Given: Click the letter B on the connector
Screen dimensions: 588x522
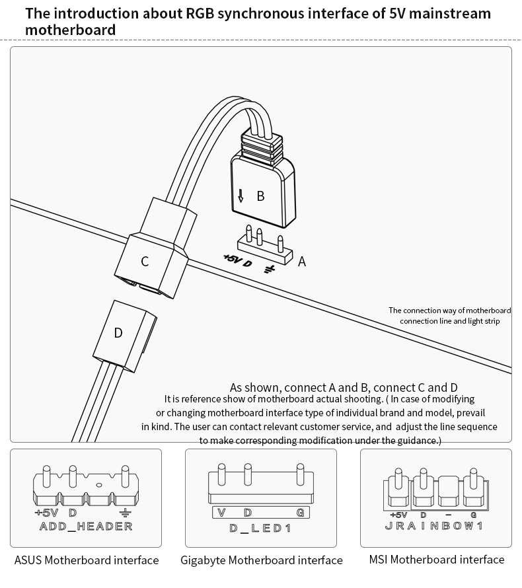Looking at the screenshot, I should click(x=260, y=196).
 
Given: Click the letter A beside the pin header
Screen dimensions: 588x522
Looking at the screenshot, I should click(x=302, y=262).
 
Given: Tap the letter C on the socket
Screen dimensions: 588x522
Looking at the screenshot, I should click(x=145, y=261).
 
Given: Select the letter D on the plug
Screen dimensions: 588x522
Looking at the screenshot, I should click(x=118, y=333).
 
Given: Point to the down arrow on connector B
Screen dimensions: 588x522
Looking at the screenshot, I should click(x=241, y=196).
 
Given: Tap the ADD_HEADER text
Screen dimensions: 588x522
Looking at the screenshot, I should click(x=86, y=527).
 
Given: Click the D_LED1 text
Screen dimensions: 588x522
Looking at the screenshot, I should click(x=260, y=529).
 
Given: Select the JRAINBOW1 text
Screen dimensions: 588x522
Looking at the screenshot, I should click(x=434, y=527).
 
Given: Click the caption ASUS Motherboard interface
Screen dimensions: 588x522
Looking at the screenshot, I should click(x=87, y=560).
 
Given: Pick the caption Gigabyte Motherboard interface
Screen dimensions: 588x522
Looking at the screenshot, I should click(x=262, y=560).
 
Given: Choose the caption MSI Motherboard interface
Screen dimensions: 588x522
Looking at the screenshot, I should click(x=437, y=560).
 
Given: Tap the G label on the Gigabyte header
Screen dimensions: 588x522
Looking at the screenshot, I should click(x=301, y=513).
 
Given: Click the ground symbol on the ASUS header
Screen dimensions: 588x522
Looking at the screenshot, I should click(x=124, y=513).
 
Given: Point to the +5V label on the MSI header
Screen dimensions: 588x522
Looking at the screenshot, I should click(x=398, y=515).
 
